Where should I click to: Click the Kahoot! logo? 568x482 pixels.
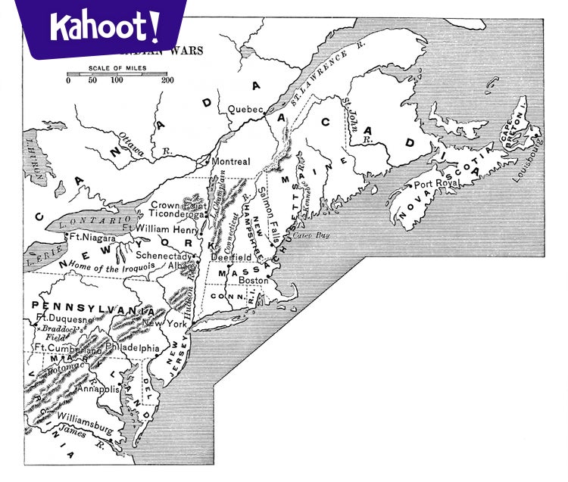[x=105, y=27]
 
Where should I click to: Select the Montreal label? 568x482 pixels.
[x=231, y=162]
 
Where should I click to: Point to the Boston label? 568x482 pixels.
[x=254, y=280]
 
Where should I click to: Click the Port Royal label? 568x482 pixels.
[x=434, y=184]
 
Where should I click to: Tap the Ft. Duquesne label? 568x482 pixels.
[x=64, y=320]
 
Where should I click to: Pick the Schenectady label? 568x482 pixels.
[x=164, y=255]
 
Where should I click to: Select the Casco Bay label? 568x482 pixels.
[x=311, y=235]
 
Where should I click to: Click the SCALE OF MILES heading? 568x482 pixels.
[x=117, y=66]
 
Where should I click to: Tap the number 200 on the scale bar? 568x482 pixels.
[x=167, y=80]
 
